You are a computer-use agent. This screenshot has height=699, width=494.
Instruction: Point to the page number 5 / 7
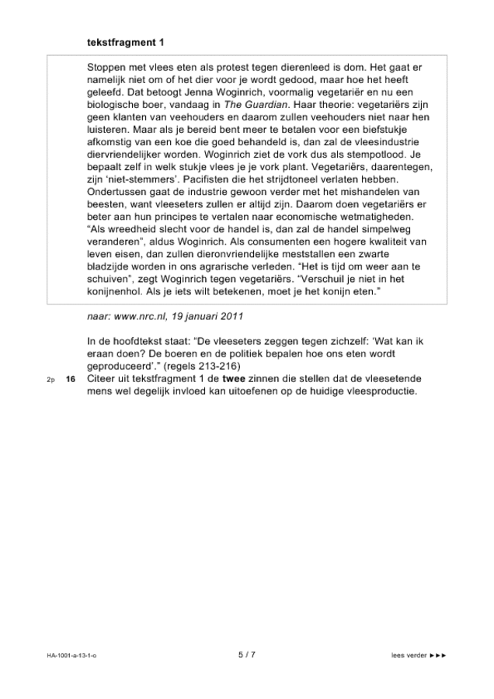(x=246, y=656)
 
